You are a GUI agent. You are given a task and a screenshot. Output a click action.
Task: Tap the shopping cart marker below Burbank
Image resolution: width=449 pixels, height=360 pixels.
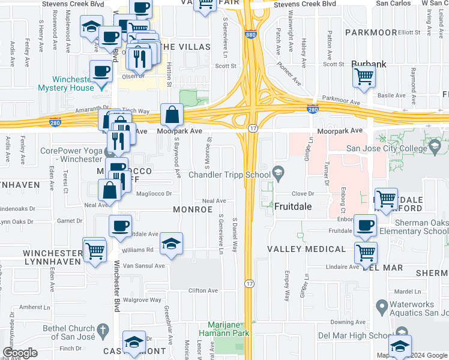coord(364,77)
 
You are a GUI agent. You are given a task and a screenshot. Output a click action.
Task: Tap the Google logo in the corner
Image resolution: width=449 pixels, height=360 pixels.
coord(20,352)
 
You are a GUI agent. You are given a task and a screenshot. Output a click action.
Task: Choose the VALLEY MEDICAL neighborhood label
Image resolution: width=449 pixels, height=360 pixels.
coord(306,249)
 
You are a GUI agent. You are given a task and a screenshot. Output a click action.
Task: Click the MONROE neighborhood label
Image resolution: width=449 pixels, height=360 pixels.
coord(193,209)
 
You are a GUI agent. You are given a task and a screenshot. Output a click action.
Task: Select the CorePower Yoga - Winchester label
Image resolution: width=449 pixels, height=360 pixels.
coord(71,155)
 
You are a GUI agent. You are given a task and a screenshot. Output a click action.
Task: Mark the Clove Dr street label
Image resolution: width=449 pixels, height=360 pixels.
coord(303,194)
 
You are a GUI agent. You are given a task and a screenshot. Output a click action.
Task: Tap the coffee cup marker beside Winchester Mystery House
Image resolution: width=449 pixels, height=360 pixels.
coord(101,71)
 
